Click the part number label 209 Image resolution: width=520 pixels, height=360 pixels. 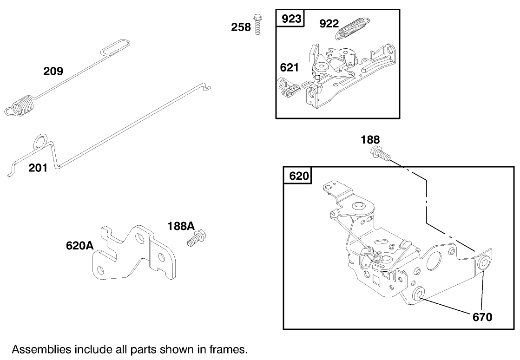[53, 71]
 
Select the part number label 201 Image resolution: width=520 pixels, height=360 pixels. [38, 168]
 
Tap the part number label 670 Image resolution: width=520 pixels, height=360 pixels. [482, 318]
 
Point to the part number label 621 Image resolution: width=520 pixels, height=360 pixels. [289, 68]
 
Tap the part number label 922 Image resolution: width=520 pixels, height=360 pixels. [329, 24]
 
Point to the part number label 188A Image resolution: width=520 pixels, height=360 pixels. [181, 226]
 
